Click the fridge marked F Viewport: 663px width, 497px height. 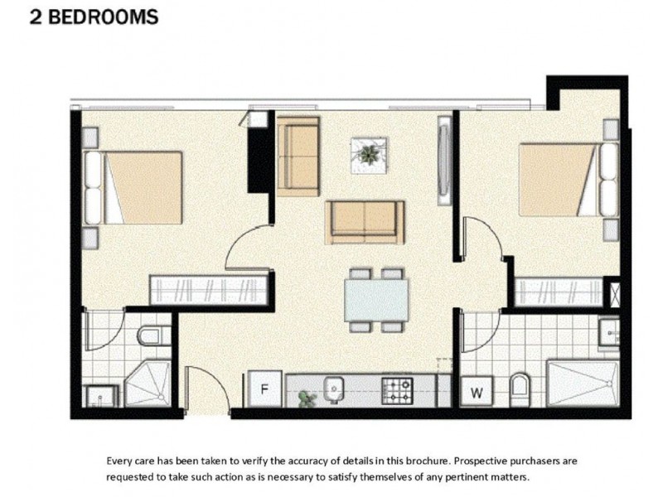(x=264, y=388)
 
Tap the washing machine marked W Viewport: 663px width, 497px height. (x=476, y=391)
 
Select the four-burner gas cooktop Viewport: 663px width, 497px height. (x=397, y=390)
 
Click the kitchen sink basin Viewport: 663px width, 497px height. (x=334, y=389)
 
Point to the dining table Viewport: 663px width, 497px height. (x=376, y=300)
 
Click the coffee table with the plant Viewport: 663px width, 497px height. (x=369, y=155)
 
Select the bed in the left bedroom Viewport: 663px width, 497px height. (x=133, y=188)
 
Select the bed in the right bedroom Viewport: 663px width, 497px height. (x=569, y=180)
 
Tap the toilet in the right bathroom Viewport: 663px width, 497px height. (x=520, y=389)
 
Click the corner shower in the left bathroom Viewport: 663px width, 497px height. (x=148, y=384)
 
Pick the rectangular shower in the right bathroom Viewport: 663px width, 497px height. (x=583, y=384)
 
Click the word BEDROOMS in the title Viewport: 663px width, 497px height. (x=103, y=17)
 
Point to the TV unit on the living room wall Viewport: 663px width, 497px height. (x=444, y=161)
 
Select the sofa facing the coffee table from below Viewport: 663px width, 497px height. (x=365, y=223)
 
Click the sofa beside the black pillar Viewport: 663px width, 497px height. (x=298, y=157)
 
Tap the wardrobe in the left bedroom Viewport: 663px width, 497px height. (x=209, y=290)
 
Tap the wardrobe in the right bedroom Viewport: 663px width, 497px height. (x=559, y=292)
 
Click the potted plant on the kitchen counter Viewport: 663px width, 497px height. (x=307, y=398)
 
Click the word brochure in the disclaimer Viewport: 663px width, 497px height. (x=428, y=461)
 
